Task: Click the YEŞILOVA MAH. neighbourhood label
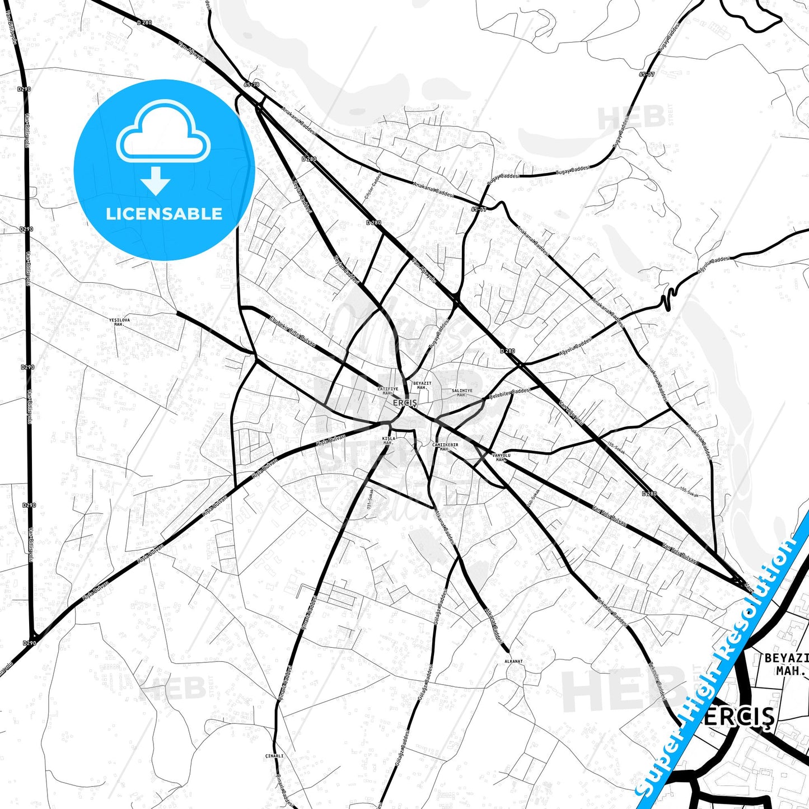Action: [x=119, y=322]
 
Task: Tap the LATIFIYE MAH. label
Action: [x=387, y=391]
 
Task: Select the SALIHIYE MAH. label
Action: [x=462, y=392]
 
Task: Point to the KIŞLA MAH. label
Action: [x=389, y=441]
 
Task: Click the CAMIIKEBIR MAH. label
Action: [x=445, y=447]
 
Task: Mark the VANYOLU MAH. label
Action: [x=501, y=457]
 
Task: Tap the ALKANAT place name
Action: [x=513, y=661]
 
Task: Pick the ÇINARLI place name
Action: [x=274, y=755]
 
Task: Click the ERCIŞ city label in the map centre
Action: [x=405, y=403]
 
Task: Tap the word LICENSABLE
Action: [x=164, y=214]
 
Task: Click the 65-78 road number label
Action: [x=251, y=85]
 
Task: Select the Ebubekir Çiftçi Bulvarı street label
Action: [x=293, y=331]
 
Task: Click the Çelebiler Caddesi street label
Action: [x=509, y=393]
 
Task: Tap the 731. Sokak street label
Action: [x=370, y=499]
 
